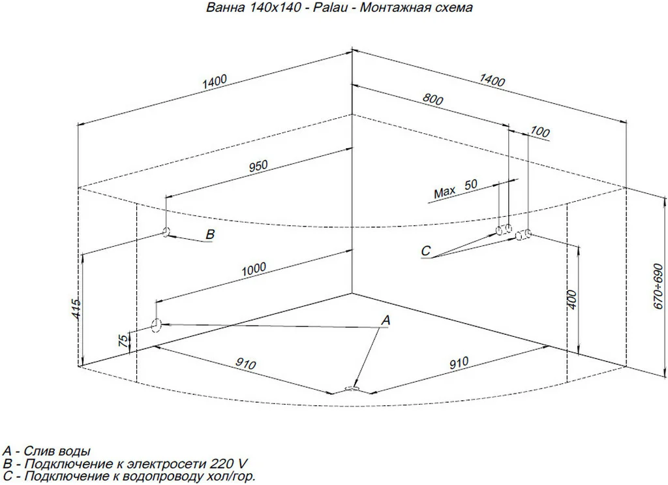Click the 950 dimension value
(x=258, y=166)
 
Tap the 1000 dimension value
(x=254, y=268)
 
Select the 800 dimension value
(x=433, y=100)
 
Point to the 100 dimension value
(x=540, y=133)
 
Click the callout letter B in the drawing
(x=210, y=234)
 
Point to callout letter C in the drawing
(x=426, y=250)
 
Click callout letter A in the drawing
(x=386, y=320)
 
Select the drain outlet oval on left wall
(x=156, y=324)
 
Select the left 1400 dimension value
(x=214, y=80)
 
